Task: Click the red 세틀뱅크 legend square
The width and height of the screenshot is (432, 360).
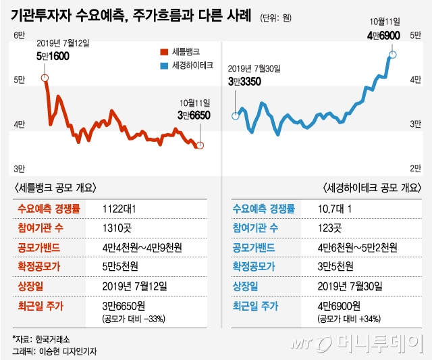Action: tap(162, 51)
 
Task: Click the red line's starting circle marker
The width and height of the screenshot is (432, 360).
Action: tap(45, 78)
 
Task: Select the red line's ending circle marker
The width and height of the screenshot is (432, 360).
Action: tap(200, 145)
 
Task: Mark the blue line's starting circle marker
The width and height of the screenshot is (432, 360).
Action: tap(236, 115)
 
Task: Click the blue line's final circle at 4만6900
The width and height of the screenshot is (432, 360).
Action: tap(393, 55)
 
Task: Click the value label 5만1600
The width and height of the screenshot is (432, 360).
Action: tap(53, 57)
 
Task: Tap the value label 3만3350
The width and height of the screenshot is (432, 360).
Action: tap(244, 82)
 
